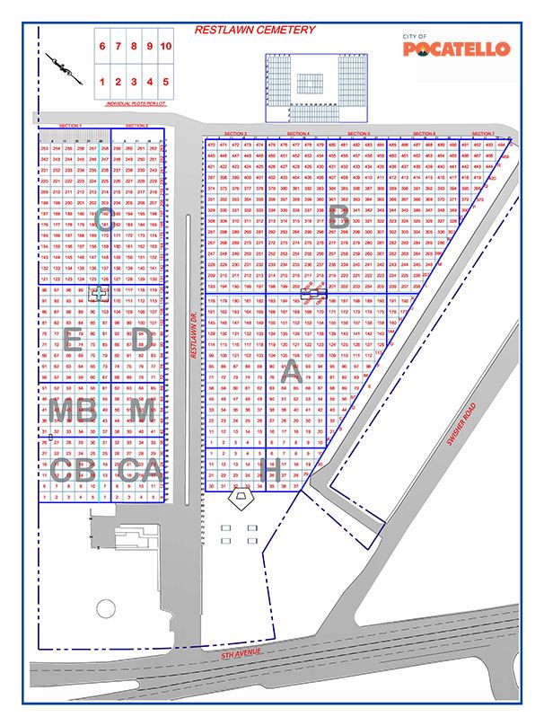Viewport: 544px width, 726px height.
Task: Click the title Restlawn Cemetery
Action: pos(256,30)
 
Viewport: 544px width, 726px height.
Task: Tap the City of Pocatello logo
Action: pos(456,47)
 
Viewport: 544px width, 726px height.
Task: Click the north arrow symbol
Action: pos(62,66)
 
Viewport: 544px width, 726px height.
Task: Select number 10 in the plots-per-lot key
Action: pos(166,46)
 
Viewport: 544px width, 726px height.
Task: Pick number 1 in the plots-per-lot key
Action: pos(103,82)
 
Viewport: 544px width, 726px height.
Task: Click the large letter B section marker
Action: pos(338,217)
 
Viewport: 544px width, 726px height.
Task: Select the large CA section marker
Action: pos(141,469)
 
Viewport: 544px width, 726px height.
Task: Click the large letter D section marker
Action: pos(140,340)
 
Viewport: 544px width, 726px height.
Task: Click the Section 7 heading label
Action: pos(483,133)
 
